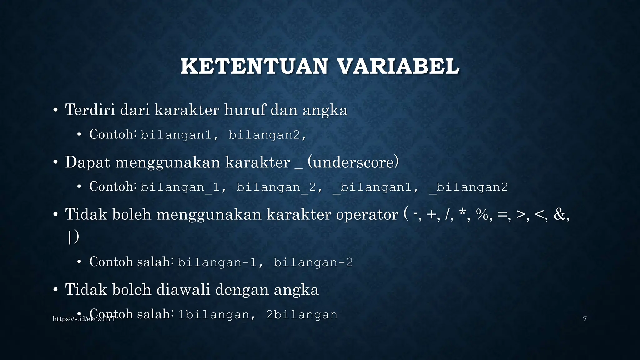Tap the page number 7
[x=585, y=319]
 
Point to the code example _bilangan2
[x=468, y=187]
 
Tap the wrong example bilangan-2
[x=313, y=262]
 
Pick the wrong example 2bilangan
[x=302, y=315]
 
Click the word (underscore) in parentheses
[x=353, y=162]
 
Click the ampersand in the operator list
[x=560, y=215]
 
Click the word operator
[x=367, y=215]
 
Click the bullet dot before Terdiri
[x=55, y=110]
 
